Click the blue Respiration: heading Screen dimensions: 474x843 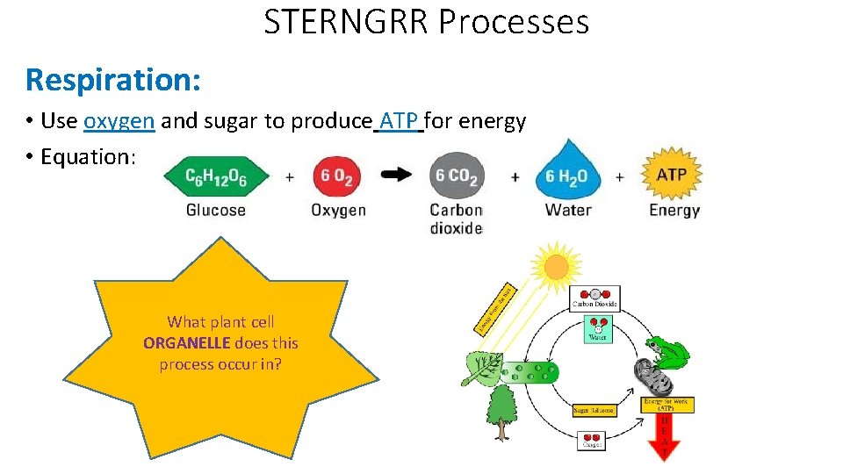coord(113,80)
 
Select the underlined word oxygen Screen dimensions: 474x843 coord(119,121)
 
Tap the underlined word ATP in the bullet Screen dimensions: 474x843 coord(399,121)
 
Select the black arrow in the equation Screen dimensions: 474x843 coord(397,175)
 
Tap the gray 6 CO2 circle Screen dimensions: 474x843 coord(455,176)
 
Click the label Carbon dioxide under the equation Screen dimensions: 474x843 coord(456,219)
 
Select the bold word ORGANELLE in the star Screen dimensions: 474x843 coord(186,343)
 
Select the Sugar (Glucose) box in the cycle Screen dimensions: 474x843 coord(594,410)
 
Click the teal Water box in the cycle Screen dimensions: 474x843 coord(597,329)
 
